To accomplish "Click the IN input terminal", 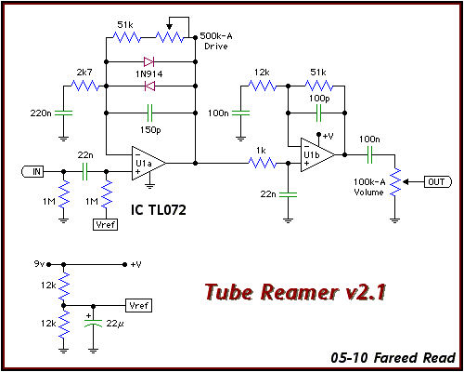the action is point(32,171).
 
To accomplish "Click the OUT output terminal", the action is point(438,182).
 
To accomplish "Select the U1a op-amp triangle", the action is point(148,163).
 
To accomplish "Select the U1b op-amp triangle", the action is point(317,154).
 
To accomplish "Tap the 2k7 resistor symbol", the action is point(85,86).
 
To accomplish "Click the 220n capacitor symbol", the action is point(63,113).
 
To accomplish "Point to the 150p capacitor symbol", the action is point(150,113).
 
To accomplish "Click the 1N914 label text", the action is point(148,74).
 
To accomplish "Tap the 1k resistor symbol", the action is point(263,163).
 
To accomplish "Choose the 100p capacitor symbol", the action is point(318,113).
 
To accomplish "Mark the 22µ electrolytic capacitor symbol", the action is point(93,323).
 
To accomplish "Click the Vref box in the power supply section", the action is point(138,306).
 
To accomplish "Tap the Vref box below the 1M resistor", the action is point(106,224).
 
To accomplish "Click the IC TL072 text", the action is point(159,210).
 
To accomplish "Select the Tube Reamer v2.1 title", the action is point(295,292).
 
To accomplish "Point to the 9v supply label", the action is point(39,264).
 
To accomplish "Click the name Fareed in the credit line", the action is point(396,358).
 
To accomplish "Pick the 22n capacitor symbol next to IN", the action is point(85,171).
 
